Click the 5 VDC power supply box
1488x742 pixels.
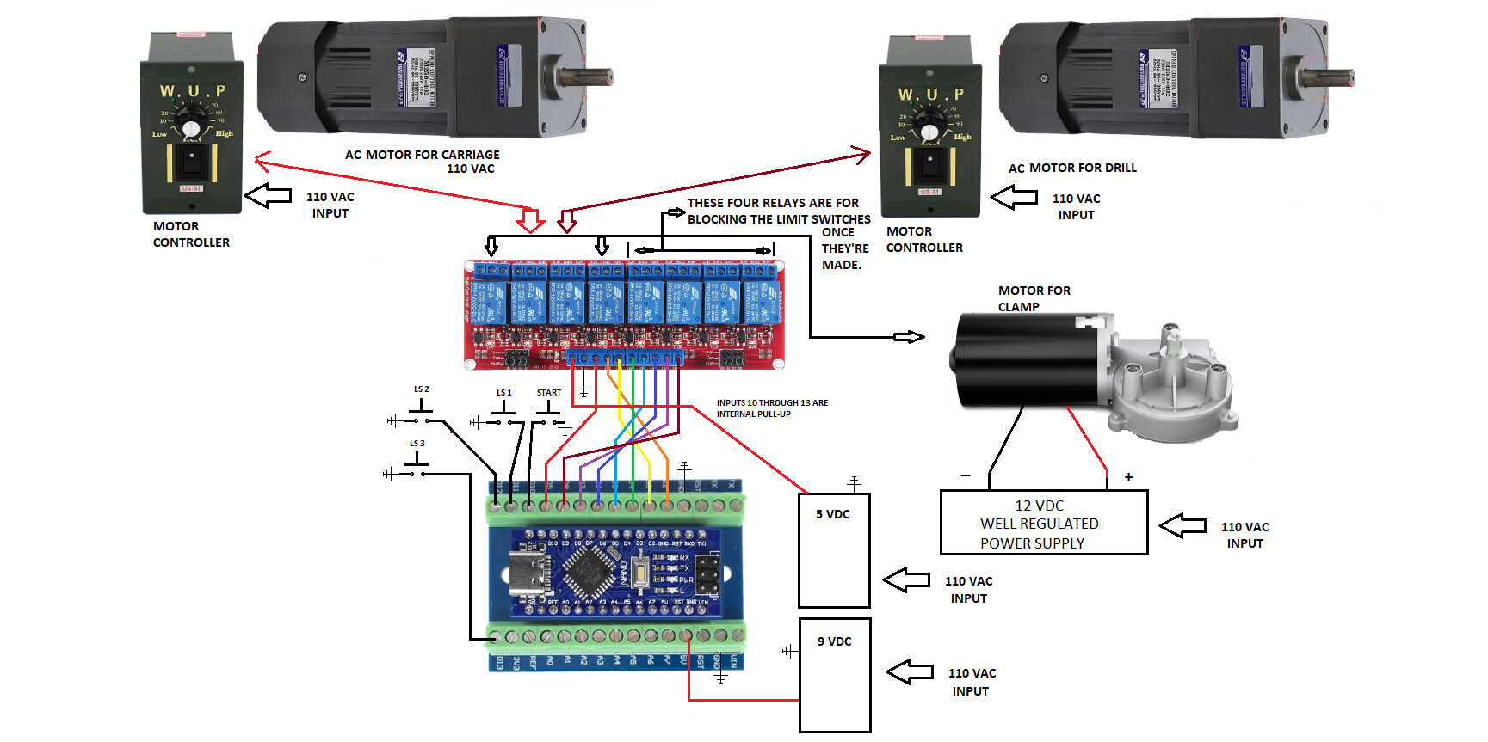834,550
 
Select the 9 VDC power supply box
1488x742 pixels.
835,675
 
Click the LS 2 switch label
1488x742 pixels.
421,389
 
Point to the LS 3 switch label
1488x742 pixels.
417,444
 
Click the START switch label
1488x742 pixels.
548,393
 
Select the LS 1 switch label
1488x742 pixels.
503,393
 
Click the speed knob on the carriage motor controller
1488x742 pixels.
191,128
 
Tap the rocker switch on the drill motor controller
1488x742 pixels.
929,163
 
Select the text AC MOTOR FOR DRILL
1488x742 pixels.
1072,168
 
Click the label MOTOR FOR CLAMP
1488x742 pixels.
1033,298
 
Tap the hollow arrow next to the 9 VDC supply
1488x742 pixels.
910,671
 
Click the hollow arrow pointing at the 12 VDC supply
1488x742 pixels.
1182,525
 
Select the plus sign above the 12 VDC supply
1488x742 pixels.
1128,477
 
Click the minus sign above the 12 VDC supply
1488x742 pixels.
966,475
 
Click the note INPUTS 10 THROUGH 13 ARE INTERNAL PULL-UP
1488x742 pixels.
772,408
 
